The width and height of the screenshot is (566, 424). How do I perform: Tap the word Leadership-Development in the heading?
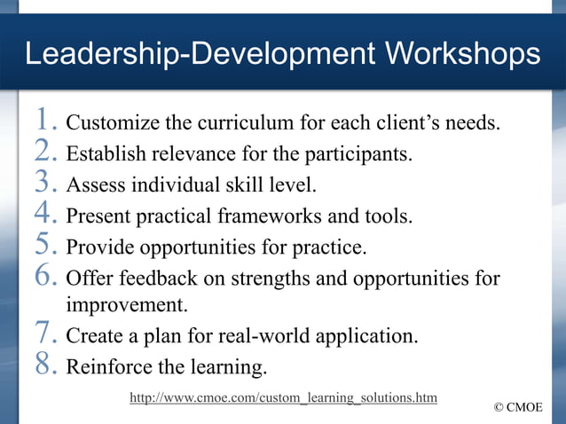(x=185, y=54)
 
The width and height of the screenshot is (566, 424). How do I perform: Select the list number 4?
(x=45, y=214)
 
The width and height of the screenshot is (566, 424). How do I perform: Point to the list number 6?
(x=45, y=278)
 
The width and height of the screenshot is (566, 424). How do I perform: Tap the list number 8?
(x=45, y=365)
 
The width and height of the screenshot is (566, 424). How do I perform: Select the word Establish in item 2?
(x=105, y=154)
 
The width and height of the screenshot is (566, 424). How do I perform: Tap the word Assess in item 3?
(x=95, y=185)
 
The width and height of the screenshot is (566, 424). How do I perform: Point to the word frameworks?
(x=280, y=216)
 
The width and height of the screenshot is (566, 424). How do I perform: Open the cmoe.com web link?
(x=283, y=397)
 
